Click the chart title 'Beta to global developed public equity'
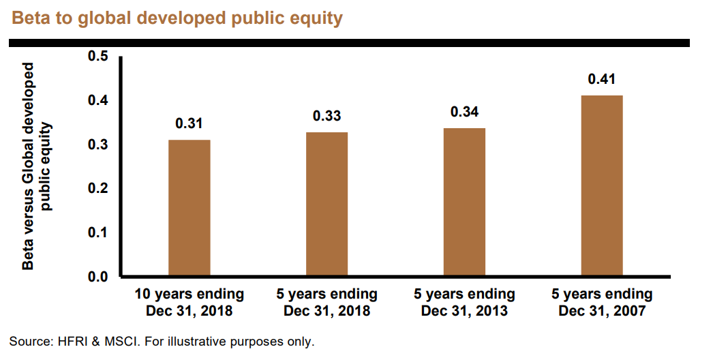coord(177,18)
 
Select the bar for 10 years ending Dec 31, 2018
coord(189,207)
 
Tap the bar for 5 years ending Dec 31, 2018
coord(327,204)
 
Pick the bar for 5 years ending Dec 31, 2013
coord(464,202)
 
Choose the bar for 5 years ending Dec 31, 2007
coord(602,185)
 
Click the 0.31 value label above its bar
coord(189,123)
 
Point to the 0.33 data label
coord(327,116)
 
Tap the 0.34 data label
coord(464,112)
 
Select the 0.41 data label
coord(602,79)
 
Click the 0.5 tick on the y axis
coord(97,57)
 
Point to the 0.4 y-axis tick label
coord(97,101)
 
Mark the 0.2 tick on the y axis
coord(97,188)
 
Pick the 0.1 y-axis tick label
coord(97,232)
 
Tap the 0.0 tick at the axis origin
coord(97,277)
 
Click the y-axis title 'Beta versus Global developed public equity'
coord(37,166)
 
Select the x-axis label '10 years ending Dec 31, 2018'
coord(189,303)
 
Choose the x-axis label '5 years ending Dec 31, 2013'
coord(464,303)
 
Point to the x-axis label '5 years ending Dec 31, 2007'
coord(602,303)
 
